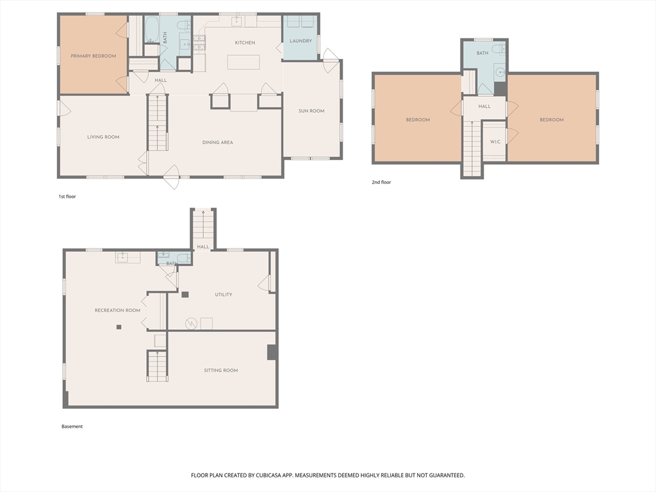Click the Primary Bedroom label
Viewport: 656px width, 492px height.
click(x=94, y=56)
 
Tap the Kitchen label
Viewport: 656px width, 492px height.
click(x=245, y=43)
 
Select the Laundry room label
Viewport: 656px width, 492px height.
click(x=301, y=41)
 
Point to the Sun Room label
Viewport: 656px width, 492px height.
click(x=311, y=111)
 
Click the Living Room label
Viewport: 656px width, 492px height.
click(x=103, y=137)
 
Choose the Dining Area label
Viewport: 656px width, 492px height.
click(x=218, y=142)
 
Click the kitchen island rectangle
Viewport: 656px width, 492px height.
click(x=243, y=62)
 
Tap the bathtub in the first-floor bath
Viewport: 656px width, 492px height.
click(x=151, y=29)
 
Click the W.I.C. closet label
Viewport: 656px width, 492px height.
click(x=495, y=142)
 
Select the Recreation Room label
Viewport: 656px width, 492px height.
click(x=118, y=311)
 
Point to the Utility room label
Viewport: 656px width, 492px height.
click(x=224, y=295)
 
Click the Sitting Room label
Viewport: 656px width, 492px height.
click(x=221, y=370)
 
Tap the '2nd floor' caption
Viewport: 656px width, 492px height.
click(x=382, y=183)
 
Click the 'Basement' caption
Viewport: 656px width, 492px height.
click(x=72, y=426)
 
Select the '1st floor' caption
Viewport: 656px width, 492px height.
click(x=67, y=196)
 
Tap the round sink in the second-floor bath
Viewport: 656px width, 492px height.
click(x=500, y=72)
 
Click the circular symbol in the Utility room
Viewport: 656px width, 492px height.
click(x=191, y=324)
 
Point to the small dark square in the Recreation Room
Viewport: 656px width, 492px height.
click(x=119, y=327)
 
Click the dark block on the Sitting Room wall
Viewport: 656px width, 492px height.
click(x=272, y=352)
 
